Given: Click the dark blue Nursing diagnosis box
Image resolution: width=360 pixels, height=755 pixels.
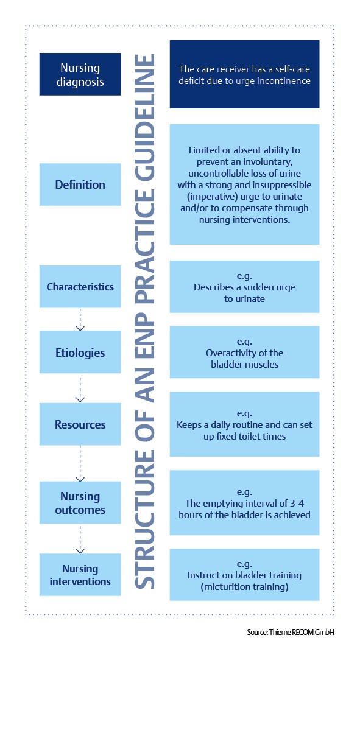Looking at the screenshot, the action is coord(80,74).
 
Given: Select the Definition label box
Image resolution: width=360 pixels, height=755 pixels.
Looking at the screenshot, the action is coord(80,184).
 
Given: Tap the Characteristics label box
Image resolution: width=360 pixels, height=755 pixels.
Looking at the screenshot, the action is coord(80,287).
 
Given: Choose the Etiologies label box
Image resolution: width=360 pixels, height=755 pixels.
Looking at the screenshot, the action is coord(80,352).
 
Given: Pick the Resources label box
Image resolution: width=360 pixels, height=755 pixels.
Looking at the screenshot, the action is coord(80,424).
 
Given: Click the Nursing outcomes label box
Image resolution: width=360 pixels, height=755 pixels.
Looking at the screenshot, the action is coord(80,502).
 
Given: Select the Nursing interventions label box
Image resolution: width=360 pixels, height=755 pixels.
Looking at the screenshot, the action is coord(80,575).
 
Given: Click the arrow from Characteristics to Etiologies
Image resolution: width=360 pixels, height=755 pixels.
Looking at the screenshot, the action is coord(80,320).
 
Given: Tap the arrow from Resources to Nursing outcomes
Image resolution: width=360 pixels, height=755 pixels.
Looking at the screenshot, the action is coord(80,463).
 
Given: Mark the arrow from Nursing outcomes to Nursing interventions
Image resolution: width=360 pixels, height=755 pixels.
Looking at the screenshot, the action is coord(80,539).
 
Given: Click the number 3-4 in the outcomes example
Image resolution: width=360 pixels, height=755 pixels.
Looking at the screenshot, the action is coord(297,503).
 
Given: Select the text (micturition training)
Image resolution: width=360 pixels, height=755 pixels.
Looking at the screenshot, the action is coord(244,587).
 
